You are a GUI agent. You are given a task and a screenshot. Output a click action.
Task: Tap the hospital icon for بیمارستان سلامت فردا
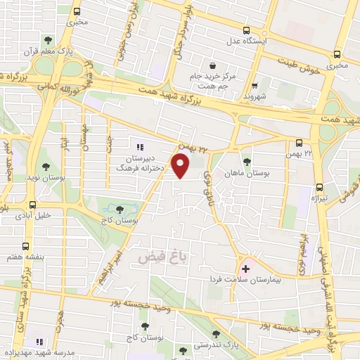pos(245,268)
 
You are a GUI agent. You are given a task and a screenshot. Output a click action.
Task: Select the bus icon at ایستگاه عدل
pos(246,30)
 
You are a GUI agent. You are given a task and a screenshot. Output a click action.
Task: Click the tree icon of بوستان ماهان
pos(246,160)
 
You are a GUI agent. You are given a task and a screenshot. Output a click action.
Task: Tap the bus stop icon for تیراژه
pos(319,188)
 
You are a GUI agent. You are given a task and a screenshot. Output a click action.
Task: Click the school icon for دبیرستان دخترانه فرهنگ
pos(139,147)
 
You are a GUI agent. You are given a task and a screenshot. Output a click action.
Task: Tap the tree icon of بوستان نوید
pos(46,167)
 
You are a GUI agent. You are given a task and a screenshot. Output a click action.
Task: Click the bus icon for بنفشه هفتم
pos(26,246)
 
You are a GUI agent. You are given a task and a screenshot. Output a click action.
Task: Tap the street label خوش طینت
pos(303,70)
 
